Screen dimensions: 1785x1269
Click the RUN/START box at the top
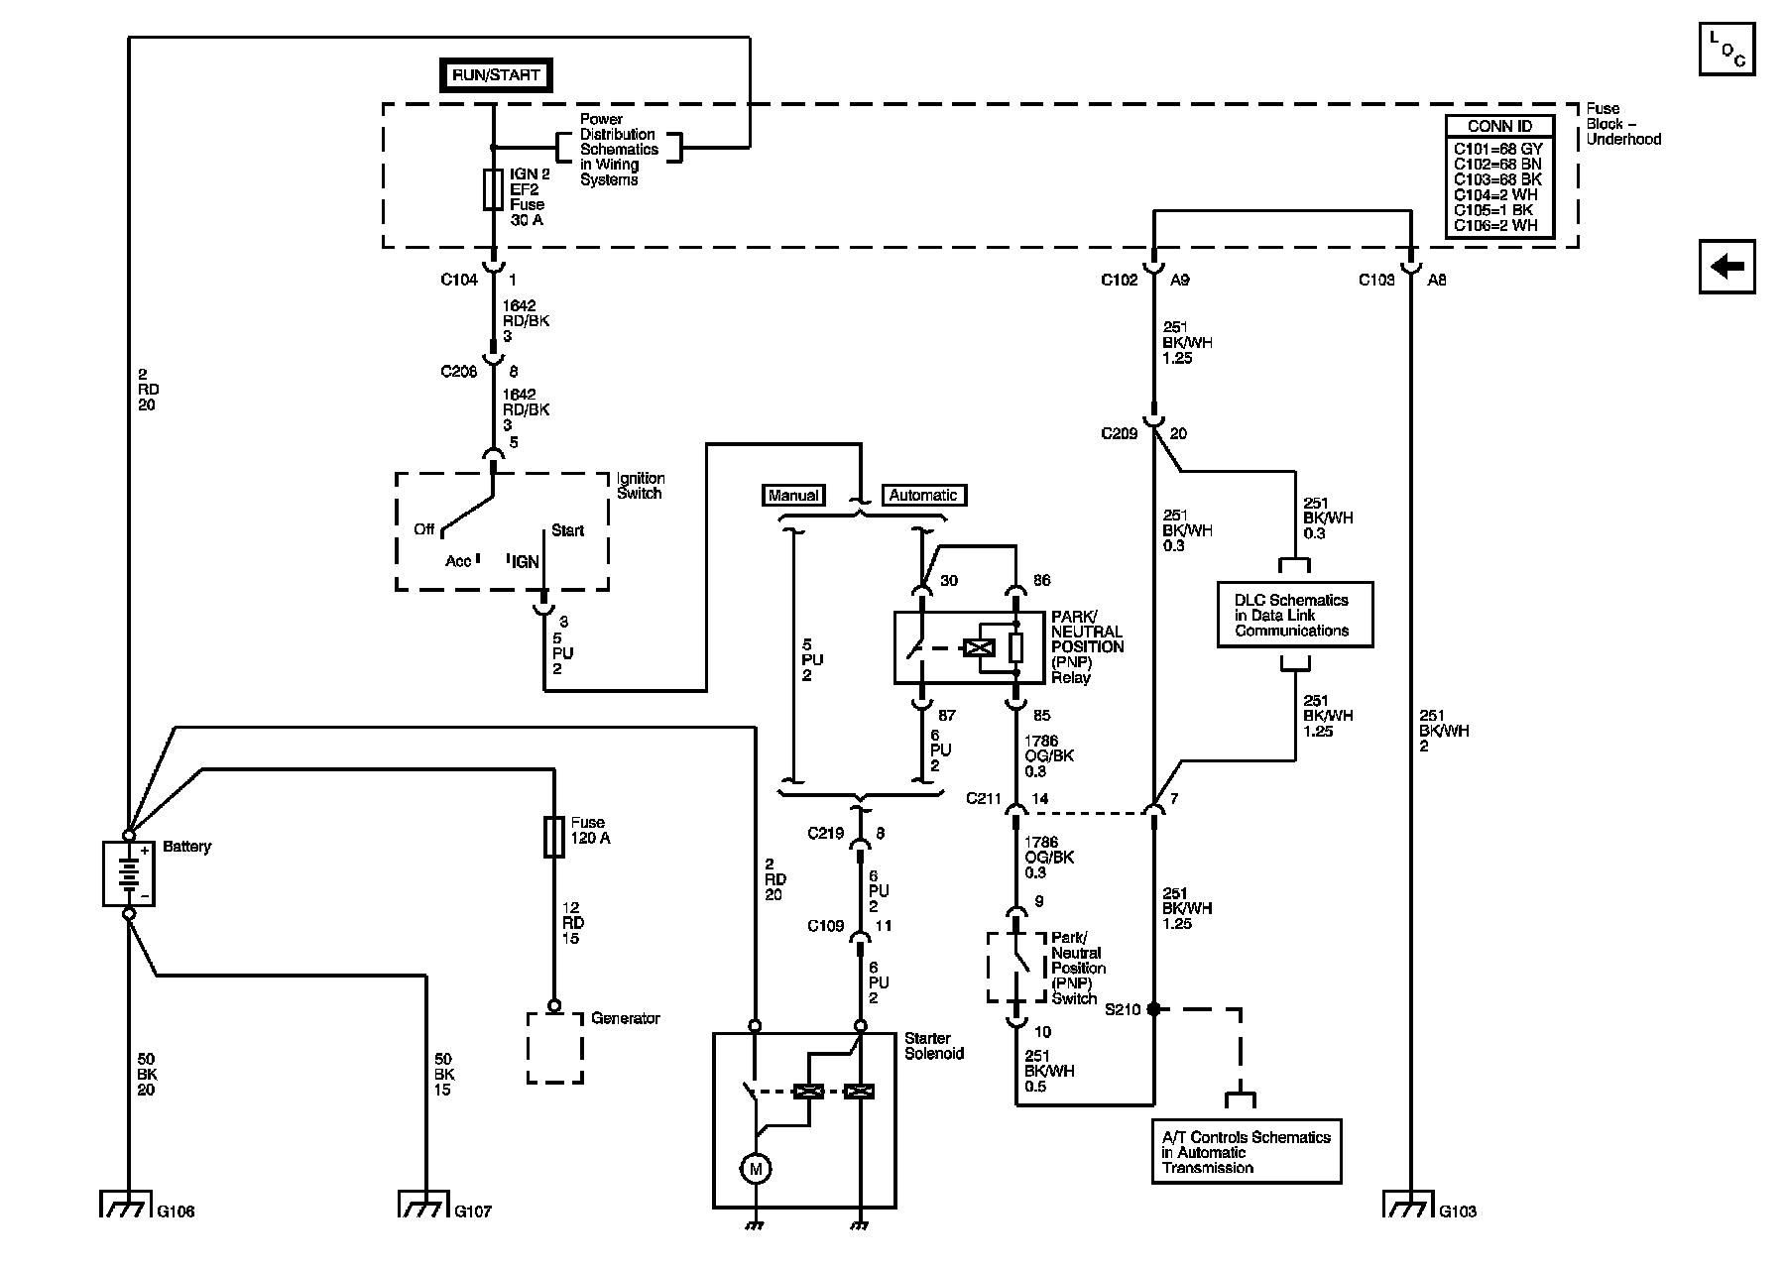click(496, 75)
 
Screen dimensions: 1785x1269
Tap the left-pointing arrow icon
click(1727, 267)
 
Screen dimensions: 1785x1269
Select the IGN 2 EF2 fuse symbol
click(493, 189)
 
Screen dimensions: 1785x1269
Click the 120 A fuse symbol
click(554, 837)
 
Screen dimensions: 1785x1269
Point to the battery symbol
click(128, 873)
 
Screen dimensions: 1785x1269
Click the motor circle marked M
click(756, 1169)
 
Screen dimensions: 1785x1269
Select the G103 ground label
click(1458, 1211)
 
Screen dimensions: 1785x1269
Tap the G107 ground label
click(472, 1211)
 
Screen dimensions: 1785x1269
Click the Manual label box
click(793, 496)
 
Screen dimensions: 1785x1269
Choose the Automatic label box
click(923, 496)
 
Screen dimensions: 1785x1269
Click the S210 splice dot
click(1153, 1009)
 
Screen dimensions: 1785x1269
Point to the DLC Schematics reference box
click(1295, 615)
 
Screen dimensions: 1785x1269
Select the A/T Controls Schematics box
click(1247, 1152)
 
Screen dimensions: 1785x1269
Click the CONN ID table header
click(1499, 127)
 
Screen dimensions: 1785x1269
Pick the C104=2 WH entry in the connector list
click(1495, 195)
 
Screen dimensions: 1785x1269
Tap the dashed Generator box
click(555, 1048)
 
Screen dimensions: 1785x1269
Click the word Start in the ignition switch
click(567, 531)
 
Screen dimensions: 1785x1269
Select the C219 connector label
click(825, 834)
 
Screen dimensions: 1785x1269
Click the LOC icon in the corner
click(1726, 48)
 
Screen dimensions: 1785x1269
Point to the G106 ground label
click(176, 1211)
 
